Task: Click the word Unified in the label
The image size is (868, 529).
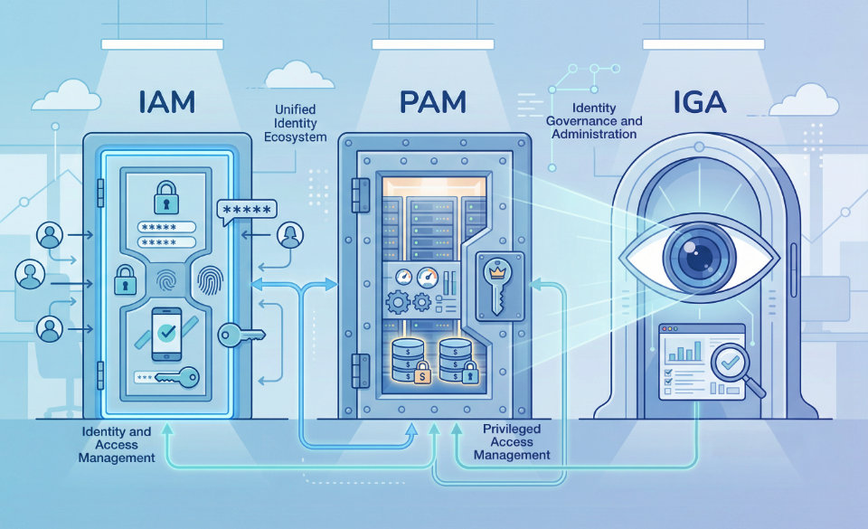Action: pyautogui.click(x=294, y=109)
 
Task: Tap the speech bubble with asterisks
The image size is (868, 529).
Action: pyautogui.click(x=246, y=211)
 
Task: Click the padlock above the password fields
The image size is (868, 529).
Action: pyautogui.click(x=165, y=194)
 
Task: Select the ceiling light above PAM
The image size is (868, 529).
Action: pyautogui.click(x=432, y=43)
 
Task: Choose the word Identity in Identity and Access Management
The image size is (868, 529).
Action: pyautogui.click(x=102, y=432)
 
